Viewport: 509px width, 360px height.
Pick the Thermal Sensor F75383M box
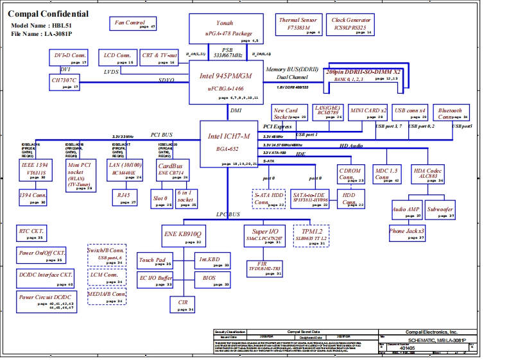coord(298,24)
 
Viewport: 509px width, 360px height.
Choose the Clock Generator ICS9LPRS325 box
coord(351,24)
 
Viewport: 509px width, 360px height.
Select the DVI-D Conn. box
coord(69,58)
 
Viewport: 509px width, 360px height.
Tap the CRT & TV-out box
coord(159,58)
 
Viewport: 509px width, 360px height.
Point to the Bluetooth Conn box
coord(451,114)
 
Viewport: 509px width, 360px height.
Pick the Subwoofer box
coord(440,210)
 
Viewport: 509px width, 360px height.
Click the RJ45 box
coord(123,194)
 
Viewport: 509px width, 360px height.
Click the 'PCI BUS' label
coord(162,135)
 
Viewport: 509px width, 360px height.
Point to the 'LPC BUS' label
coord(228,214)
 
